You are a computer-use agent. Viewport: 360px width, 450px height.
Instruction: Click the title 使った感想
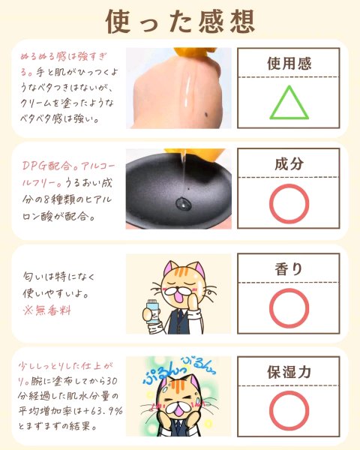tap(180, 22)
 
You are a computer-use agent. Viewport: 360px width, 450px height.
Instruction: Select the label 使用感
tap(289, 64)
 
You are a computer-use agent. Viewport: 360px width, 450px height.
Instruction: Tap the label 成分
tap(289, 163)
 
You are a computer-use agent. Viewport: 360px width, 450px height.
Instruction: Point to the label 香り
tap(289, 269)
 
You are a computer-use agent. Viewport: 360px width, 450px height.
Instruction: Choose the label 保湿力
tap(289, 372)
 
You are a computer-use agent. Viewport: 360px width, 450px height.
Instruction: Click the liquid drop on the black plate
tap(184, 203)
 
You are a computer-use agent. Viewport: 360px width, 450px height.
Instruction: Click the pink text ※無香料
tap(47, 310)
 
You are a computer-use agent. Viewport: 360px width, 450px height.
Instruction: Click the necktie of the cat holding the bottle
tap(179, 315)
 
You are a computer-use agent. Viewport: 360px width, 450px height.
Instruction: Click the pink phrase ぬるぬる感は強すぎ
tap(63, 56)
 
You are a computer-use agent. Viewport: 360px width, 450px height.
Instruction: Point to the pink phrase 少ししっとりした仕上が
tap(65, 366)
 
